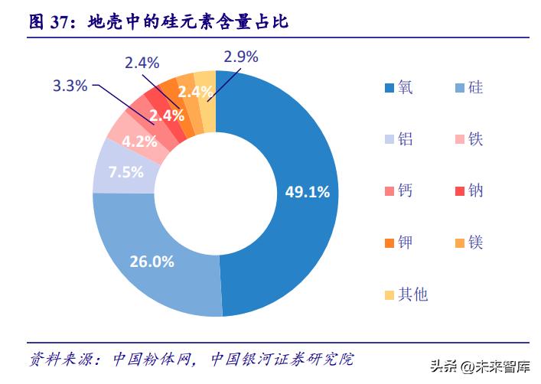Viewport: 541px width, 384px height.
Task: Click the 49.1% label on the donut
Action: [x=307, y=192]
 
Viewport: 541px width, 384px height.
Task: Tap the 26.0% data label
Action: [x=152, y=262]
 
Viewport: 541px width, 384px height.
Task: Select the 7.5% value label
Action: [x=125, y=171]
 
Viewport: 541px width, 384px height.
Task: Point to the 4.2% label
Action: [x=139, y=141]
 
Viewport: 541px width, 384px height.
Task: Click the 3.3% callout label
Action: [x=70, y=86]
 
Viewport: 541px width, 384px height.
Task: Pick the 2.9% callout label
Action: [x=241, y=56]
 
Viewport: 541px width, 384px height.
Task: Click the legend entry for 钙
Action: [x=399, y=190]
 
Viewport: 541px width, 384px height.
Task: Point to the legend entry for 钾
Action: [x=399, y=242]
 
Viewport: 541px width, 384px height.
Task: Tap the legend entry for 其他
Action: [x=406, y=294]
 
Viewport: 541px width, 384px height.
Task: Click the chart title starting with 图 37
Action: [x=158, y=22]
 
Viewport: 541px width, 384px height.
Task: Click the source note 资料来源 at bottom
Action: [x=191, y=359]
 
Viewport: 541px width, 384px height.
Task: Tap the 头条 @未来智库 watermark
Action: [x=482, y=366]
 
